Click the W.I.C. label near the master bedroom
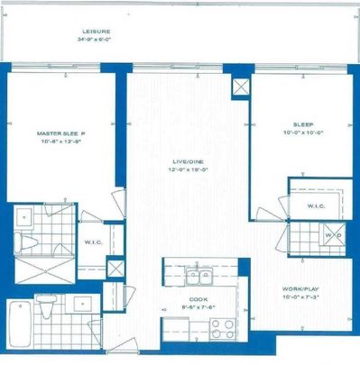[93, 242]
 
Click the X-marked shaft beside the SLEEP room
[240, 87]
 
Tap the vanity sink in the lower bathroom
[84, 303]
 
